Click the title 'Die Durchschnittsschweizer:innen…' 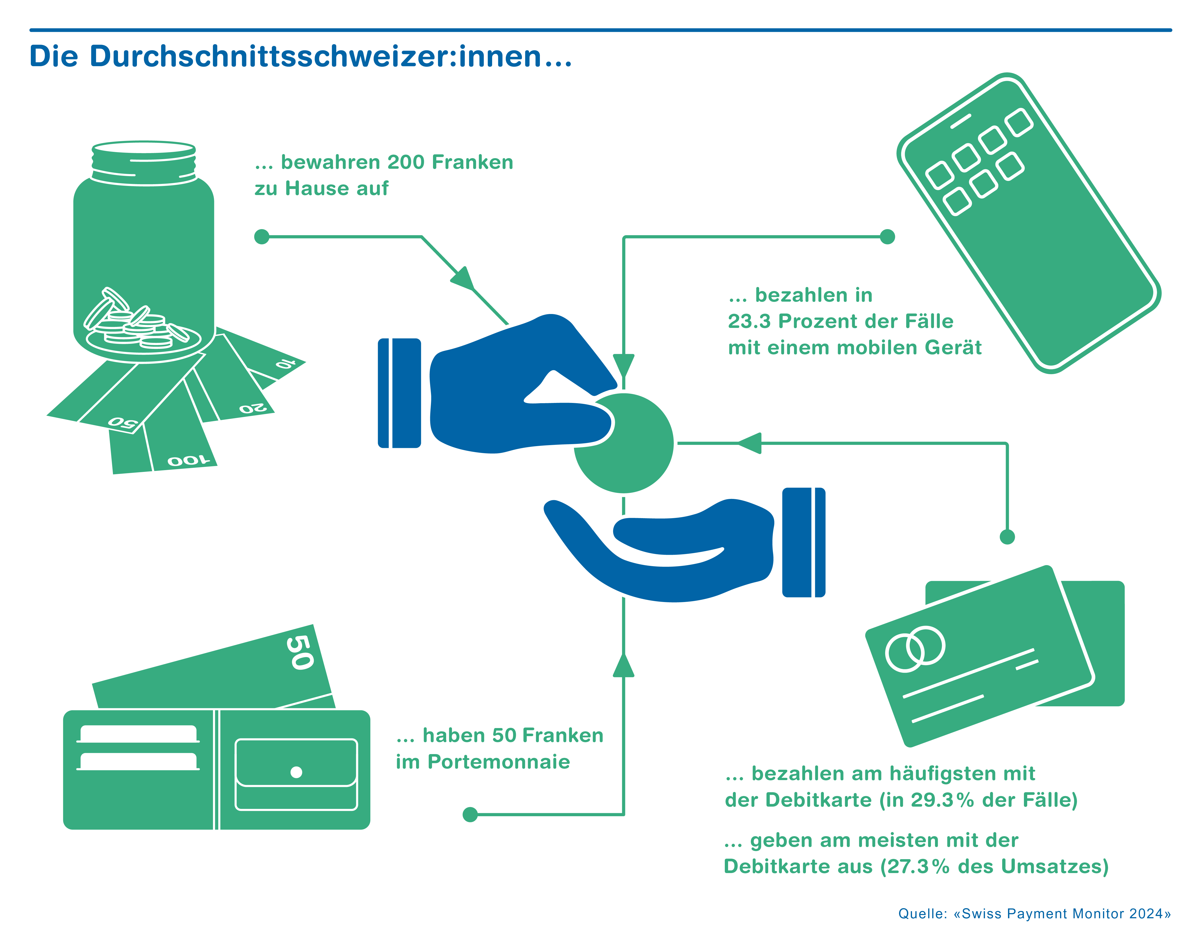click(300, 57)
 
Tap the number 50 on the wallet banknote click(300, 652)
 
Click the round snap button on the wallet click(296, 772)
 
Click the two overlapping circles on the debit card click(915, 649)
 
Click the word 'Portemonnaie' click(499, 762)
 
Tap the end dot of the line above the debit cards click(1007, 537)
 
